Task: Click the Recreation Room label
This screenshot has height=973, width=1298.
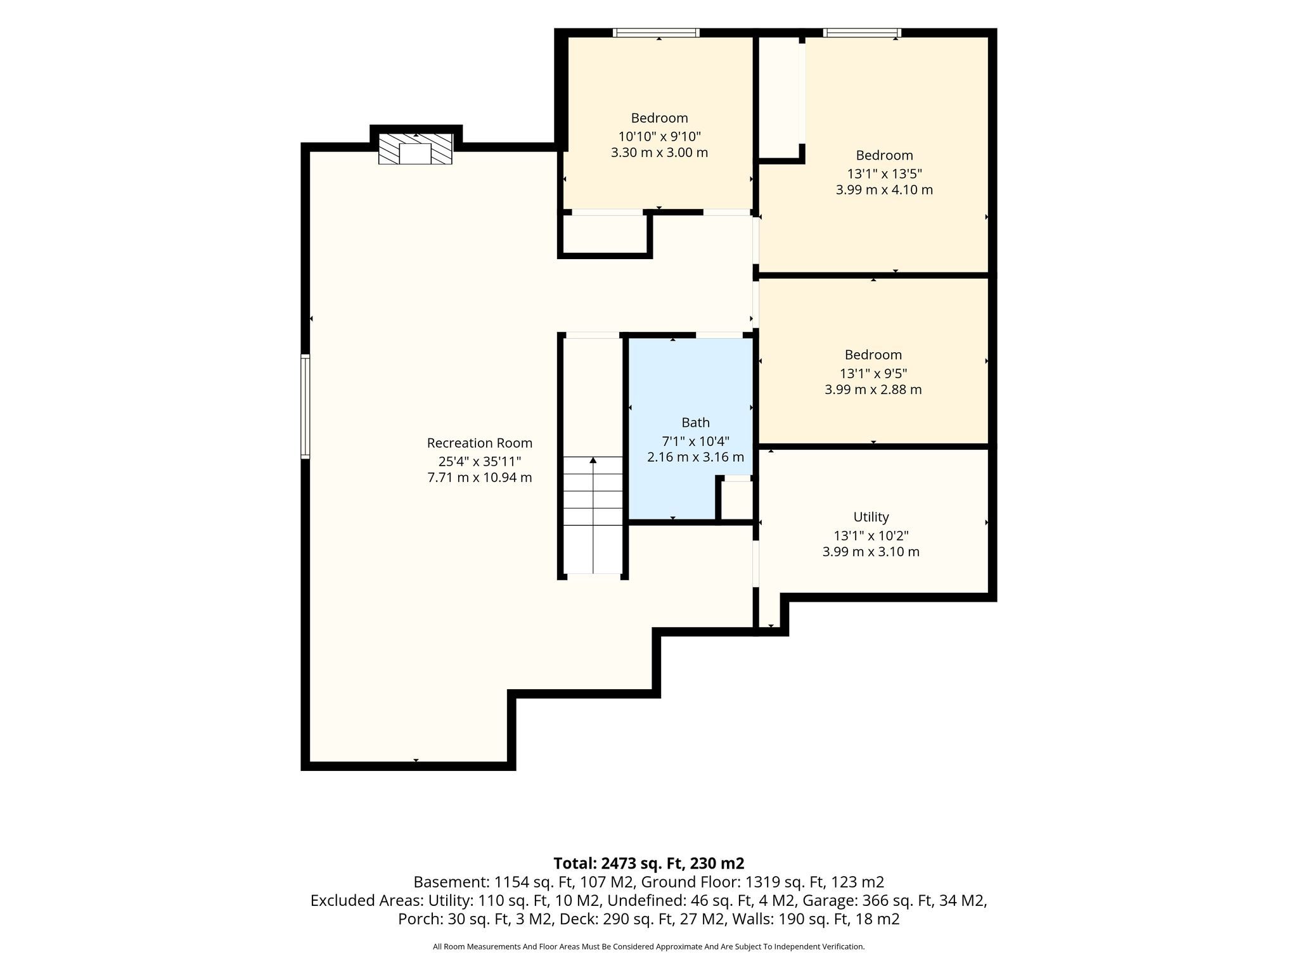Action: pos(480,443)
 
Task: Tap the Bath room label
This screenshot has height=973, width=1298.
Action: pos(695,423)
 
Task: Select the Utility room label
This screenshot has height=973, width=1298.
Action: pos(871,517)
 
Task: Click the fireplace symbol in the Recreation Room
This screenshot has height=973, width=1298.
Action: pos(415,149)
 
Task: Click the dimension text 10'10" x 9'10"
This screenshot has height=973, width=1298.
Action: pos(659,136)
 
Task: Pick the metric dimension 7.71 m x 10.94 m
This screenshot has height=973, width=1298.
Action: pos(480,478)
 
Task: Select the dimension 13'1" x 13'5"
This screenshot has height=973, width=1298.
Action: pos(884,174)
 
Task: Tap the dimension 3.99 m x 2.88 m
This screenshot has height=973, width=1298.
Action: pos(873,390)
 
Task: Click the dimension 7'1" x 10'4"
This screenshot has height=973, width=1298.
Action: pos(695,440)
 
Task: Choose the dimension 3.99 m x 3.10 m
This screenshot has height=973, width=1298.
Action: pos(871,552)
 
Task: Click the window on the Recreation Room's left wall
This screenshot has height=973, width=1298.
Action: pos(305,406)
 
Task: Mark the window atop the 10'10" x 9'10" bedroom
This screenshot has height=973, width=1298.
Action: pos(656,33)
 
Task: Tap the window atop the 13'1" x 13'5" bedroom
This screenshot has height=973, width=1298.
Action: pos(862,33)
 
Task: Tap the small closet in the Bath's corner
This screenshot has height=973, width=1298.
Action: pos(736,500)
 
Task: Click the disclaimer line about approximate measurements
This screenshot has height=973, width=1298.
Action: pos(648,947)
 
